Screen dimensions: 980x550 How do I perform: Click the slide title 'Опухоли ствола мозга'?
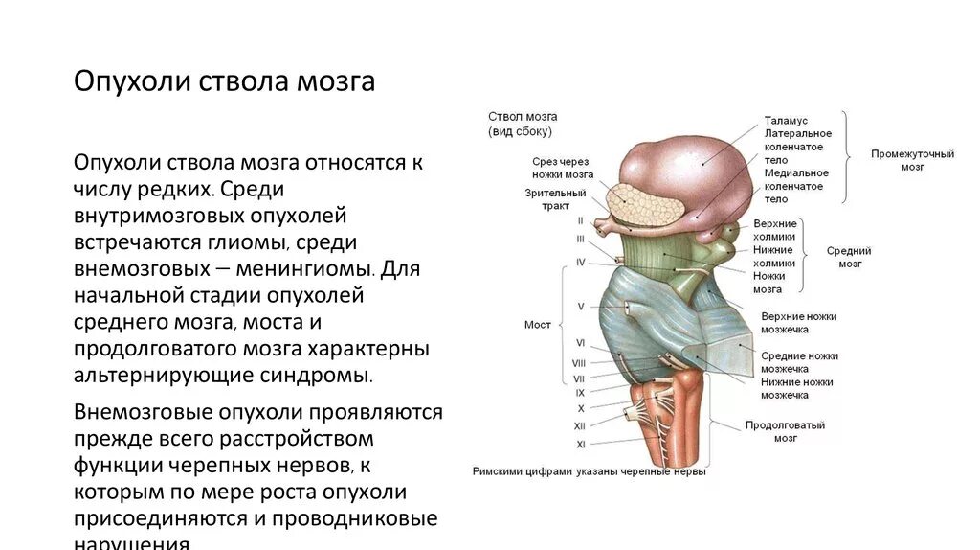(225, 80)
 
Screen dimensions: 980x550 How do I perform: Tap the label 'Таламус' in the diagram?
(786, 121)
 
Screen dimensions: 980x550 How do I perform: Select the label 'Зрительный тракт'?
(547, 198)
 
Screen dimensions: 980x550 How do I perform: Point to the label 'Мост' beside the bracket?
(538, 325)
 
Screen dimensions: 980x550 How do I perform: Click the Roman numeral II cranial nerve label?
(580, 220)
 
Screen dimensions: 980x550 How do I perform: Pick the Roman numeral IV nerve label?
(580, 262)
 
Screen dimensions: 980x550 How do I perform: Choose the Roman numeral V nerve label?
(580, 307)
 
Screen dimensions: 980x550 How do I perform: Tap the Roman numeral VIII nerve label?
(579, 363)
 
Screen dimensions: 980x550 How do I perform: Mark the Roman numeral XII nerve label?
(579, 425)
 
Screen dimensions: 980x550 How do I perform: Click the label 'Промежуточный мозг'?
(912, 160)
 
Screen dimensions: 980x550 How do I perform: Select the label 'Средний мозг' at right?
(849, 256)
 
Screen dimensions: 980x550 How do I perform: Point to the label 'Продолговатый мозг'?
(785, 431)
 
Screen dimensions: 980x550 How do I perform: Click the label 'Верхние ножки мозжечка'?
(798, 323)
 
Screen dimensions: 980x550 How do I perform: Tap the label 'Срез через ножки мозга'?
(563, 168)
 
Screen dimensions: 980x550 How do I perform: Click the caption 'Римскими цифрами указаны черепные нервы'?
(589, 471)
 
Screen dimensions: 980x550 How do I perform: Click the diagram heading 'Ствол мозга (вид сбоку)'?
(523, 123)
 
